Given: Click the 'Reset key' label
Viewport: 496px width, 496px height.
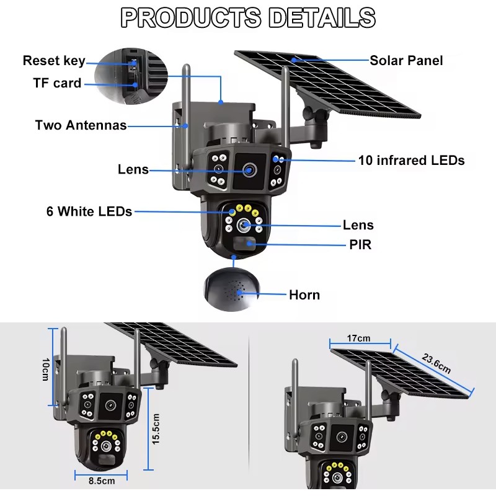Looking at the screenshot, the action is point(54,60).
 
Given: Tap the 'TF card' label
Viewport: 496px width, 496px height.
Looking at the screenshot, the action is point(57,83).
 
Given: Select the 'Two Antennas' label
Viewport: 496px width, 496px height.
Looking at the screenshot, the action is point(81,125).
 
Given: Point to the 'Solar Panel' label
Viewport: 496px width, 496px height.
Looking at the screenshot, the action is point(406,60).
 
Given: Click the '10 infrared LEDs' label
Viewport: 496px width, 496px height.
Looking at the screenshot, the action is point(411,160).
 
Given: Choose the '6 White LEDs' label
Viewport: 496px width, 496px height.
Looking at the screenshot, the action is point(89,211).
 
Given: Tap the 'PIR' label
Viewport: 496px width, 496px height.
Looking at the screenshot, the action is point(360,244).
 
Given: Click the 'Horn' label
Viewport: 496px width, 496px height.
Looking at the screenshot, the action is point(304,295).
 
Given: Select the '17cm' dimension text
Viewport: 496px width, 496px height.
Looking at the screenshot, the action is point(359,338).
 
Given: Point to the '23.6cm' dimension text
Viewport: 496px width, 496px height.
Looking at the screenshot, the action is point(436,363).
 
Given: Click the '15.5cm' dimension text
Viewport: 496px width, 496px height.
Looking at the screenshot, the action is point(156,429).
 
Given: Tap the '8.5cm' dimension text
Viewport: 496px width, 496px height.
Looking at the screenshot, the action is point(102,481).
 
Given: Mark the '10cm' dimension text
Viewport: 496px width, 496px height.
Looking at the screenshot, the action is point(45,370).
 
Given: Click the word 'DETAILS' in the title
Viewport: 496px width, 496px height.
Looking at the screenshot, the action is point(322,18).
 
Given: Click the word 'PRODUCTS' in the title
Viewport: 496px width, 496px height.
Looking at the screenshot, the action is point(191,18).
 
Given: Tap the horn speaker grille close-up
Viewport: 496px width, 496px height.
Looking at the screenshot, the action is point(231,290).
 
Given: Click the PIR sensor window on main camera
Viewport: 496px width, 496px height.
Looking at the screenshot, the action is point(244,243).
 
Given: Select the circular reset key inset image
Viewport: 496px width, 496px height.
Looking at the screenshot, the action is point(131,76).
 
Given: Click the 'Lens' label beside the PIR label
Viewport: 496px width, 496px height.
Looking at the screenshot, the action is point(358,225).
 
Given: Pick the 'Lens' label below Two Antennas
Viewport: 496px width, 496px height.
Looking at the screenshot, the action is point(133,169).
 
